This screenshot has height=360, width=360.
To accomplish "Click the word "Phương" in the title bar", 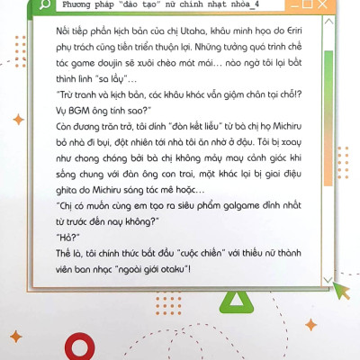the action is coord(82,5).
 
